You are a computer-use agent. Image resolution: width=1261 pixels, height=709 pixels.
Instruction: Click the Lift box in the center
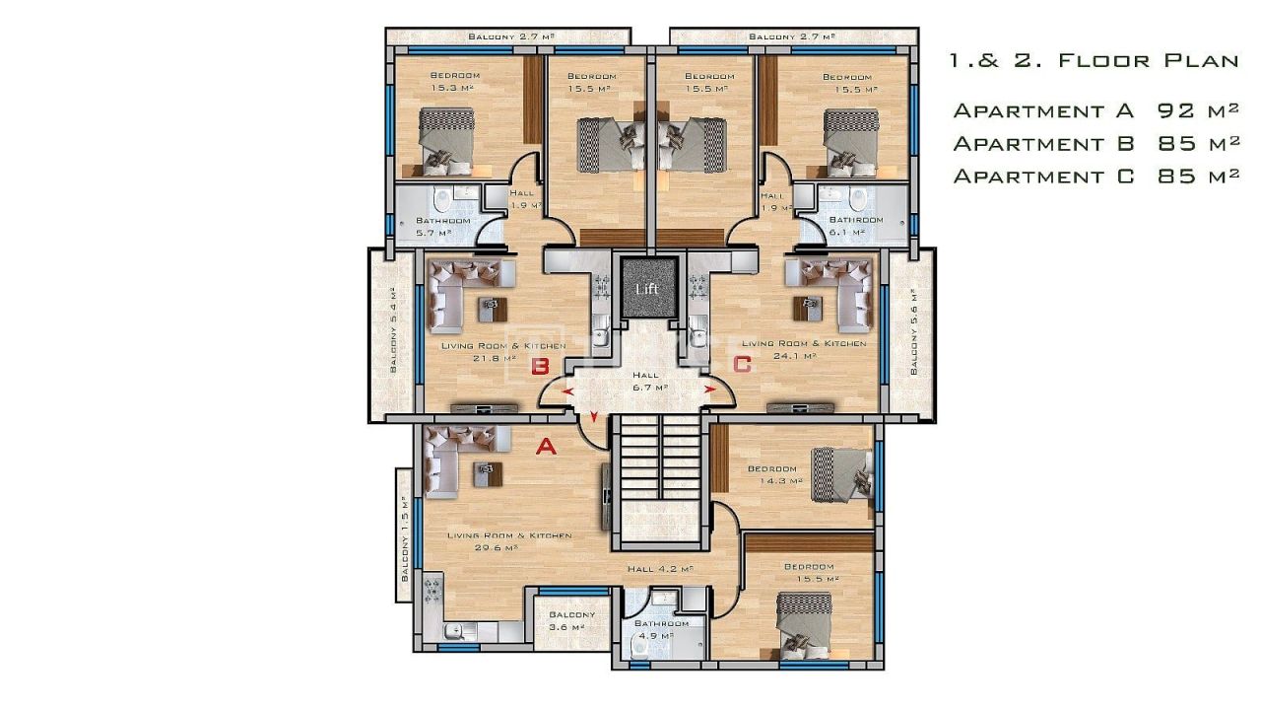647,287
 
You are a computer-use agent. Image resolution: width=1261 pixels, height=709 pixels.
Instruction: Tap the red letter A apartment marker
545,447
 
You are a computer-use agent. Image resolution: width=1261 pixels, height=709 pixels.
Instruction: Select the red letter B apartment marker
540,367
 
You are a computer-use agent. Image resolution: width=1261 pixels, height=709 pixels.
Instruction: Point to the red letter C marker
742,364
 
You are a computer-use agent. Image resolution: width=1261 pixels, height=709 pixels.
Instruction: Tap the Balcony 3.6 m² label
565,620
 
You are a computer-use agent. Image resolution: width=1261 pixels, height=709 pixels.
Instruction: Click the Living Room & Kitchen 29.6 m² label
509,541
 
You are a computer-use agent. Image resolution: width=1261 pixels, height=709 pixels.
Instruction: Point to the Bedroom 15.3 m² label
454,82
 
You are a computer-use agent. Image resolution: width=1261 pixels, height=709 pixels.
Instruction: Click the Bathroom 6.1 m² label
855,226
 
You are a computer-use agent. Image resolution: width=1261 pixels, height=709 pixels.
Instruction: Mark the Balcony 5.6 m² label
914,332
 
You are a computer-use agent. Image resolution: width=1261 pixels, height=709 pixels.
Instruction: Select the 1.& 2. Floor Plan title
1094,61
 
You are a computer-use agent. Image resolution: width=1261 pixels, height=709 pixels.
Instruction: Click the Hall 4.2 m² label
661,569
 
